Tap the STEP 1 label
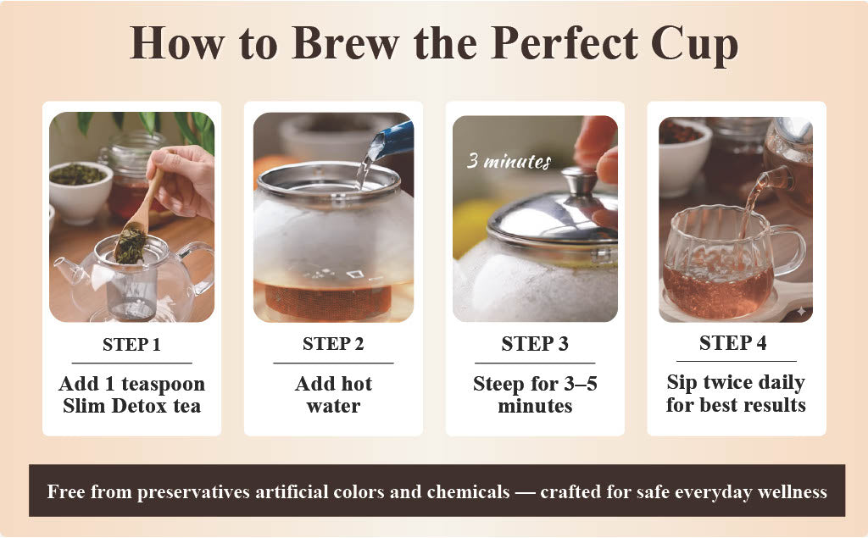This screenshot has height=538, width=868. tap(131, 345)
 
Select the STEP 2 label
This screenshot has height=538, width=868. tap(333, 345)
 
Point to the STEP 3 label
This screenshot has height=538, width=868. tap(535, 344)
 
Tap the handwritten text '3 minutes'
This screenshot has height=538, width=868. tap(509, 161)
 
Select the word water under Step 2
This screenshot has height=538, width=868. tap(333, 406)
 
